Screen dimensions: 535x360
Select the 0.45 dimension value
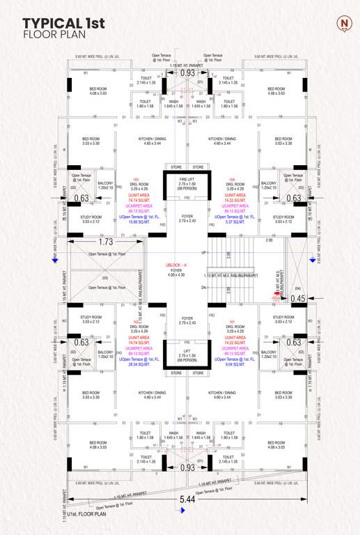point(298,299)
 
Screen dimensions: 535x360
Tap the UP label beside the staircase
point(203,252)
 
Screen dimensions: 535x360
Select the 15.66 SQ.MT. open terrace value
point(136,222)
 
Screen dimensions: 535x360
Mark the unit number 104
point(232,179)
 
